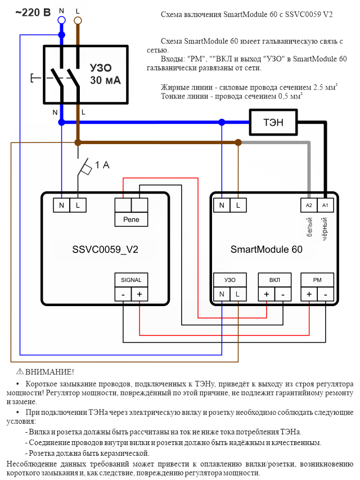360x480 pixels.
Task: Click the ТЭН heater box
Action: (273, 122)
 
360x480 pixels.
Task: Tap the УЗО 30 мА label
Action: (105, 74)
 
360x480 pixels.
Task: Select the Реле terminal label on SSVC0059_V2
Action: (131, 219)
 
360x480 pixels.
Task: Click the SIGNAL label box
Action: (131, 280)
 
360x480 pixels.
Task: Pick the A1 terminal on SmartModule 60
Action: (324, 206)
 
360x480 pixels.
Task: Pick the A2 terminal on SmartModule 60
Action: (308, 206)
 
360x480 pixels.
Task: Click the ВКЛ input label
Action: (274, 280)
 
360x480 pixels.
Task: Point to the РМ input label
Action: (317, 280)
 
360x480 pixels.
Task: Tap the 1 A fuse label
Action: (101, 165)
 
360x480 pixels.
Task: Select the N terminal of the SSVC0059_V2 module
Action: (61, 206)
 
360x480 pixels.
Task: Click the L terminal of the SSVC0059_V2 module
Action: (78, 206)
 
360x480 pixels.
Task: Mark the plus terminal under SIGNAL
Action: (139, 294)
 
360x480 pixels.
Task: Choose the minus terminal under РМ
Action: (325, 294)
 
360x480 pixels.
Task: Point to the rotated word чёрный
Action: (325, 228)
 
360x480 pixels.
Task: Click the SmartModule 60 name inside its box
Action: (266, 249)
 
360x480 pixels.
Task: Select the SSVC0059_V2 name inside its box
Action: (105, 249)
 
